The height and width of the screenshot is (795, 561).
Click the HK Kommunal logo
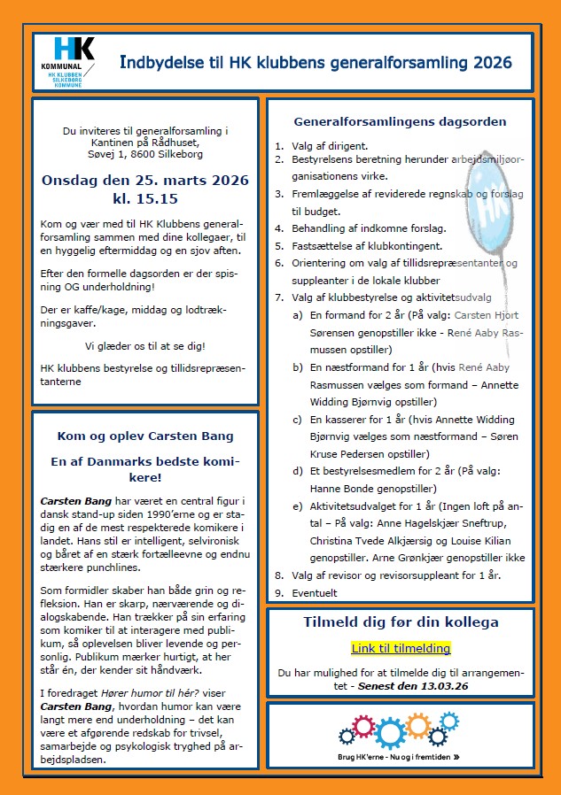(x=73, y=59)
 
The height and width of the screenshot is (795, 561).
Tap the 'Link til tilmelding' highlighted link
(x=401, y=648)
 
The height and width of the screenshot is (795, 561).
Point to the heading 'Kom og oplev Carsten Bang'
(x=145, y=436)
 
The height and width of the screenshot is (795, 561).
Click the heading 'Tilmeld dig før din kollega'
(x=401, y=621)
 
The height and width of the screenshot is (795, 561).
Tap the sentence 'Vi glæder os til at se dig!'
(x=145, y=345)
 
